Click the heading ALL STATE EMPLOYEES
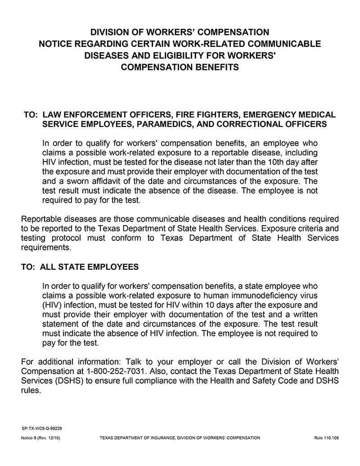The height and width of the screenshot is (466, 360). (x=89, y=267)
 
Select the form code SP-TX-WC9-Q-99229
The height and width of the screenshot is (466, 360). (x=41, y=429)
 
